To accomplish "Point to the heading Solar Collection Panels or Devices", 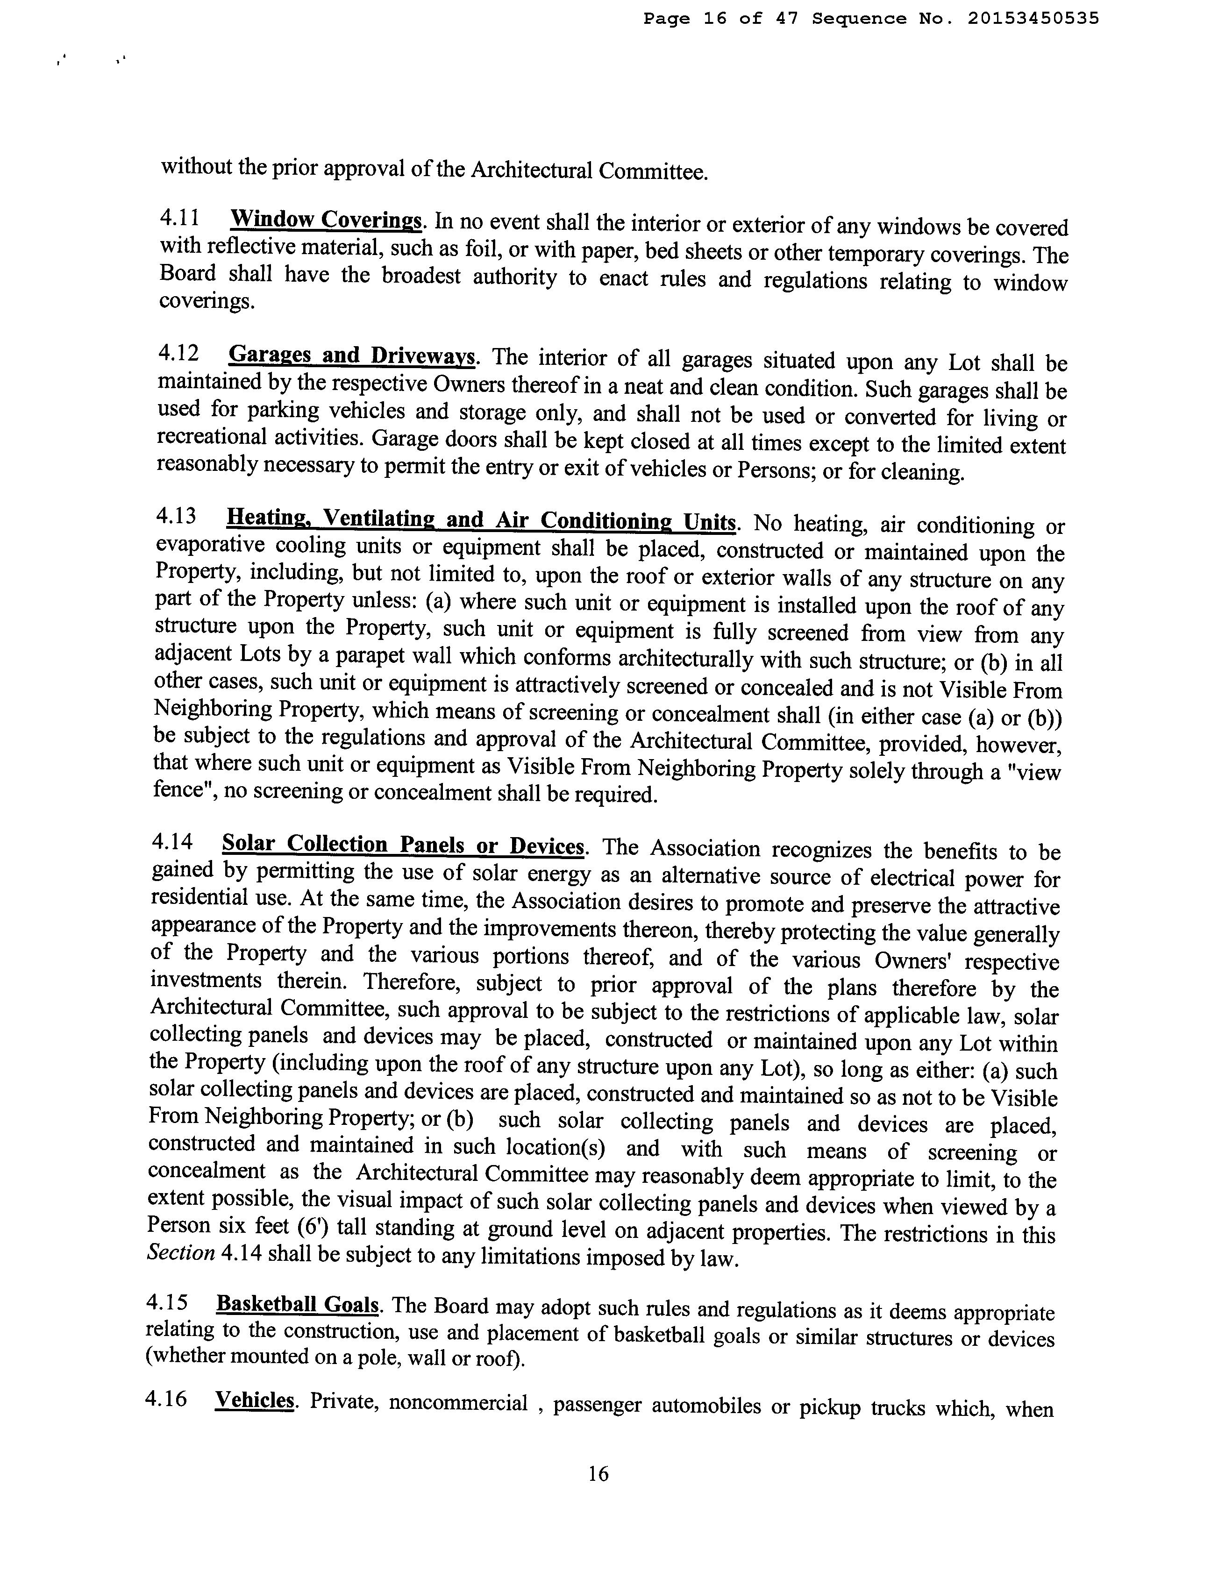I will tap(402, 844).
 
